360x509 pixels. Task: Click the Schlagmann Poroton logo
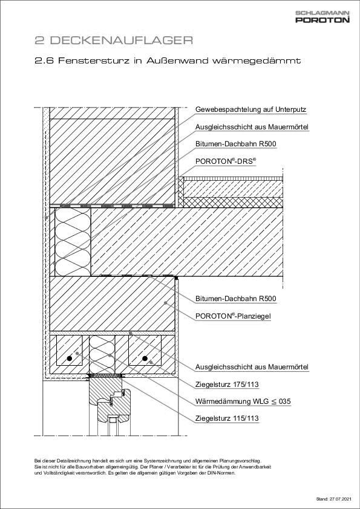pos(322,17)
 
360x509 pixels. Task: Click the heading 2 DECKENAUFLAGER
pos(114,41)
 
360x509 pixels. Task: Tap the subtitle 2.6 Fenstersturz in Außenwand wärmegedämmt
pos(168,61)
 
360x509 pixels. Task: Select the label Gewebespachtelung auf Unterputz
pos(250,110)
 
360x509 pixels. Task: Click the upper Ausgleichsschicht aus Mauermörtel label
pos(252,128)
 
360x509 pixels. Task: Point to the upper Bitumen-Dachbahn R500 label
pos(236,144)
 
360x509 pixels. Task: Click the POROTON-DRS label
pos(226,161)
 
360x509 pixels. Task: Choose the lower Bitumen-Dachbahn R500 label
pos(236,299)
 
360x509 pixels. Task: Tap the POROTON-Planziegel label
pos(233,316)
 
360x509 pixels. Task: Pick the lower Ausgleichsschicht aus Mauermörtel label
pos(252,367)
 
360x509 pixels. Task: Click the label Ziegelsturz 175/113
pos(227,384)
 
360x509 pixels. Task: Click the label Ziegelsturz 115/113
pos(227,418)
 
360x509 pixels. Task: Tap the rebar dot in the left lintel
pos(70,359)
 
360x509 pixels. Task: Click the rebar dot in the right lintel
pos(145,359)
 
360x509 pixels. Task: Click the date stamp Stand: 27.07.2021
pos(333,499)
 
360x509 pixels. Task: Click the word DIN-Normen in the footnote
pos(222,473)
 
